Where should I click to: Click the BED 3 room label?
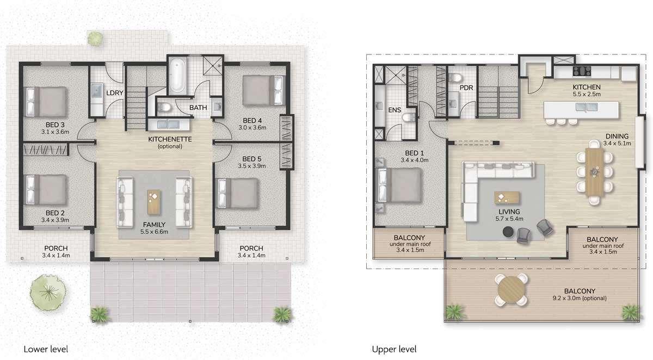[x=55, y=125]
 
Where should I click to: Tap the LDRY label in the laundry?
[x=115, y=93]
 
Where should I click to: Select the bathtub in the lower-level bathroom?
[x=178, y=75]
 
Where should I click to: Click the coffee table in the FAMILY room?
[x=154, y=202]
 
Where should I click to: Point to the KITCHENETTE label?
[x=170, y=139]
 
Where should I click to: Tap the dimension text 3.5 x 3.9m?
[x=252, y=166]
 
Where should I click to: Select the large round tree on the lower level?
[x=48, y=292]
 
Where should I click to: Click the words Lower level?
[x=46, y=349]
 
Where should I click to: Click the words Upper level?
[x=394, y=349]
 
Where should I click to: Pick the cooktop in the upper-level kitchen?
[x=582, y=71]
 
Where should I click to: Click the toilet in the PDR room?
[x=455, y=77]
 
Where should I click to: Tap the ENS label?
[x=395, y=110]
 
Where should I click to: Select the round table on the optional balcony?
[x=511, y=290]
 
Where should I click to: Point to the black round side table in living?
[x=508, y=232]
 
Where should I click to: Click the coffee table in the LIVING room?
[x=507, y=197]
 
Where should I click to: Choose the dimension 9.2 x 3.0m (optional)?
[x=580, y=298]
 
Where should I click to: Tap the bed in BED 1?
[x=400, y=185]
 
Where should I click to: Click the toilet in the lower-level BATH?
[x=164, y=108]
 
